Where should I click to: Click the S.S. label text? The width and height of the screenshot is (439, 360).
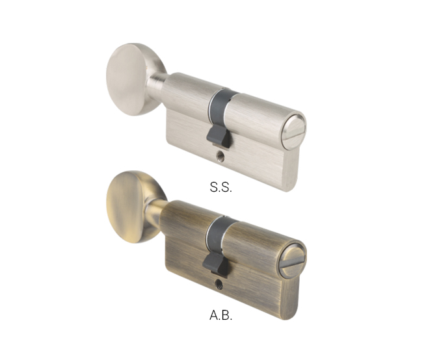click(221, 187)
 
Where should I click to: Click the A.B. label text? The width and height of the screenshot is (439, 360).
click(221, 315)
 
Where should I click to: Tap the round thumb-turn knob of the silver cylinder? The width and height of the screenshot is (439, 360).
click(131, 79)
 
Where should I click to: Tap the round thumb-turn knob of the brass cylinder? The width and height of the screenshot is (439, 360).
click(131, 207)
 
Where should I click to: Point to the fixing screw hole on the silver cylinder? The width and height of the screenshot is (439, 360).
click(221, 157)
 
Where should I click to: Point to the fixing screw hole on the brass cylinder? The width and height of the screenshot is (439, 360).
click(219, 284)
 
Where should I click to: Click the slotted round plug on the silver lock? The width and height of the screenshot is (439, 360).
click(293, 132)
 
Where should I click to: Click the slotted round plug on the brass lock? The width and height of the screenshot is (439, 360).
click(292, 261)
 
